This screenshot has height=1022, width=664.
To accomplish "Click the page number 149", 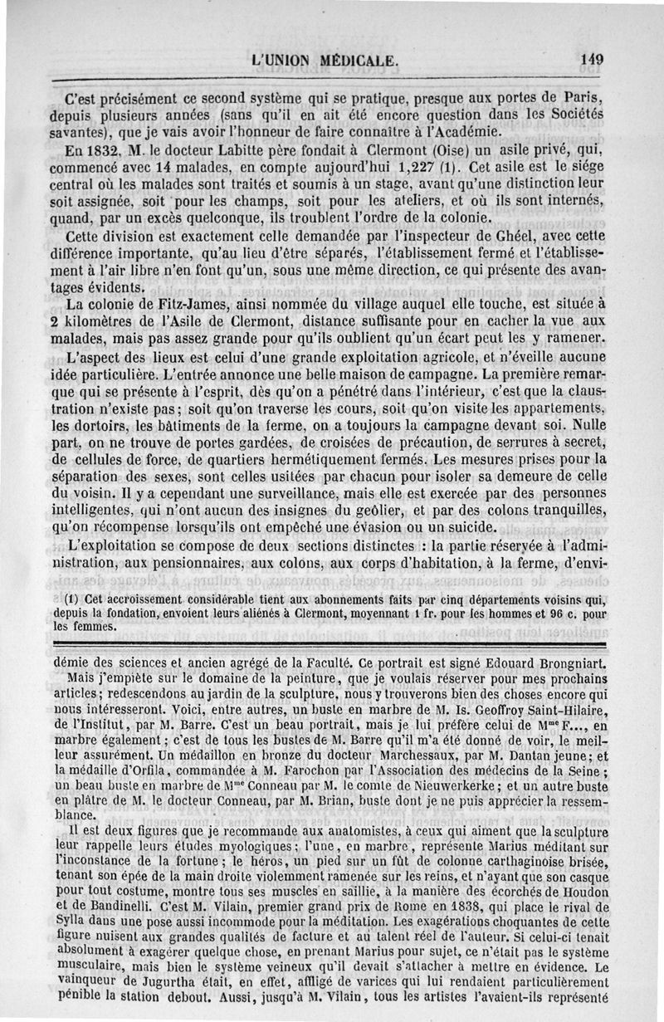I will pos(592,59).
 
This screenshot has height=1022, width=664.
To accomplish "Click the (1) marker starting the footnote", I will pos(72,599).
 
